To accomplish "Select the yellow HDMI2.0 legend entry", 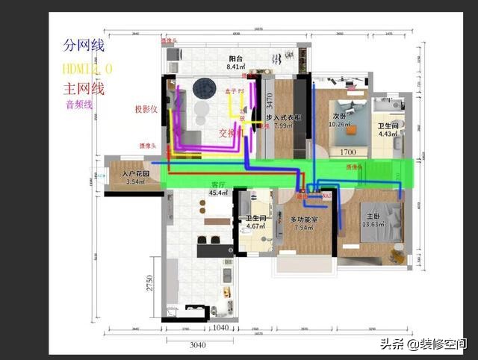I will (x=87, y=68).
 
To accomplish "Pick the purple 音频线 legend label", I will (x=78, y=105).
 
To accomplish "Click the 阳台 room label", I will (x=235, y=58).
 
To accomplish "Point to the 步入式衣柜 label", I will (x=283, y=118).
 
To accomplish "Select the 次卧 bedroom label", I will (x=339, y=116).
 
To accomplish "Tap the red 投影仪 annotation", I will (x=146, y=109).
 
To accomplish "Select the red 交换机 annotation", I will (x=232, y=133).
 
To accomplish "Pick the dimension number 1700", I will (x=348, y=152).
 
